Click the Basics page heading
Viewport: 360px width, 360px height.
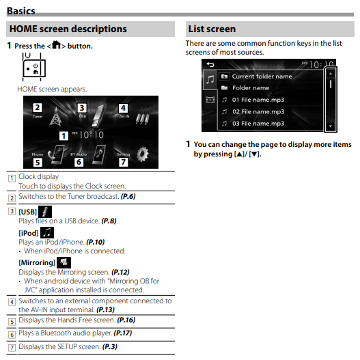tap(21, 11)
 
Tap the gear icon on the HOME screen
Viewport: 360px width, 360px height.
tap(143, 154)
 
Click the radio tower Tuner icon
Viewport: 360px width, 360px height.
tap(55, 117)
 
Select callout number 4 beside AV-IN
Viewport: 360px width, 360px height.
tap(123, 108)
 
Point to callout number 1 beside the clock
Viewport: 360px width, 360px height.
tap(64, 136)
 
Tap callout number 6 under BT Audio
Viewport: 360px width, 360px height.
tap(79, 162)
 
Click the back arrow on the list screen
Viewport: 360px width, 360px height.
tap(210, 64)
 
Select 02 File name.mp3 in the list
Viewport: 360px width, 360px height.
tap(258, 111)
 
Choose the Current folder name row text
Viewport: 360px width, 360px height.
tap(262, 77)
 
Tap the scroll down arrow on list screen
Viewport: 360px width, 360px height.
tap(331, 126)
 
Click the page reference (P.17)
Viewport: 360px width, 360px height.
tap(123, 333)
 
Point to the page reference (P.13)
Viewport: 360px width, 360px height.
tap(105, 309)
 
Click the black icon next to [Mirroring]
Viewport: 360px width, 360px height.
tap(64, 262)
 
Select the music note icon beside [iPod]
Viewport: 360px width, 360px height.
tap(47, 232)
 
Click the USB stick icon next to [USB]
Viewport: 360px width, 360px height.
tap(45, 212)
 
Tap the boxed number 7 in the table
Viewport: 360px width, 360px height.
tap(12, 348)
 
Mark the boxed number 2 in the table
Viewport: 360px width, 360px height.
tap(12, 198)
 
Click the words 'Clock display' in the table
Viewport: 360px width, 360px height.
tap(38, 176)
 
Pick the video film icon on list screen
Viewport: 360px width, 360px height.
tap(210, 100)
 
